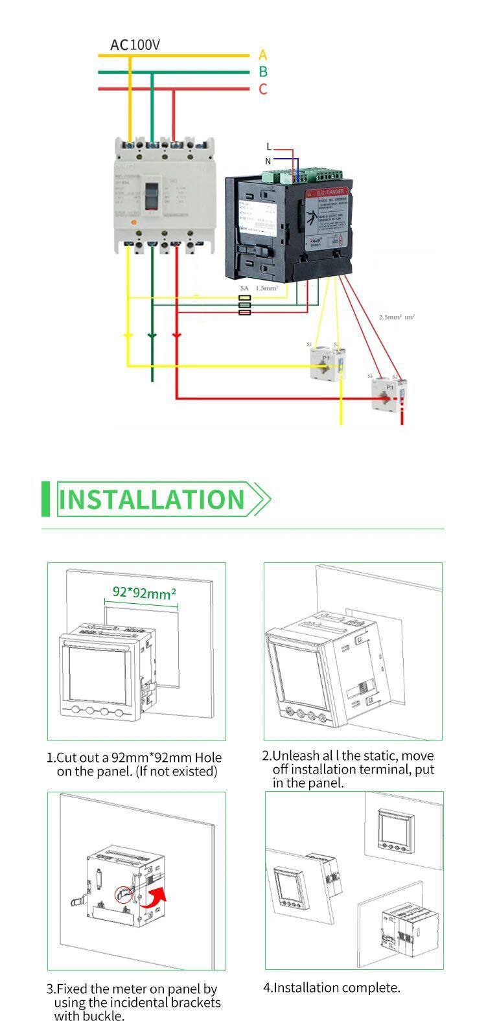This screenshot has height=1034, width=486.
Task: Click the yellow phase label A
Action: click(x=262, y=55)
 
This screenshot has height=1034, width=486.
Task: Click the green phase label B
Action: click(x=262, y=72)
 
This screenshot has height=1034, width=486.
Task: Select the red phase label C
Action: click(x=262, y=89)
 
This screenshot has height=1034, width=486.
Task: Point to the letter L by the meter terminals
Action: click(x=269, y=148)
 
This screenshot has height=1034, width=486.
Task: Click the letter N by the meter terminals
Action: click(x=268, y=160)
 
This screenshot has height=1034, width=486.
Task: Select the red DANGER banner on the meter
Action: click(x=328, y=192)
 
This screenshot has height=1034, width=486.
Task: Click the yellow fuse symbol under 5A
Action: click(x=245, y=297)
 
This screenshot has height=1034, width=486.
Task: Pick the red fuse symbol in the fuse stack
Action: click(x=245, y=312)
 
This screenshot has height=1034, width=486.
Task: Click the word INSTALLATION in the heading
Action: click(x=152, y=500)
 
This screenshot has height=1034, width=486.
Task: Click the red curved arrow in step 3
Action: click(x=156, y=897)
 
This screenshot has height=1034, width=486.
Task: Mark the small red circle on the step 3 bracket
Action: click(x=122, y=895)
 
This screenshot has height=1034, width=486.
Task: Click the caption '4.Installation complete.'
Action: click(x=331, y=987)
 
